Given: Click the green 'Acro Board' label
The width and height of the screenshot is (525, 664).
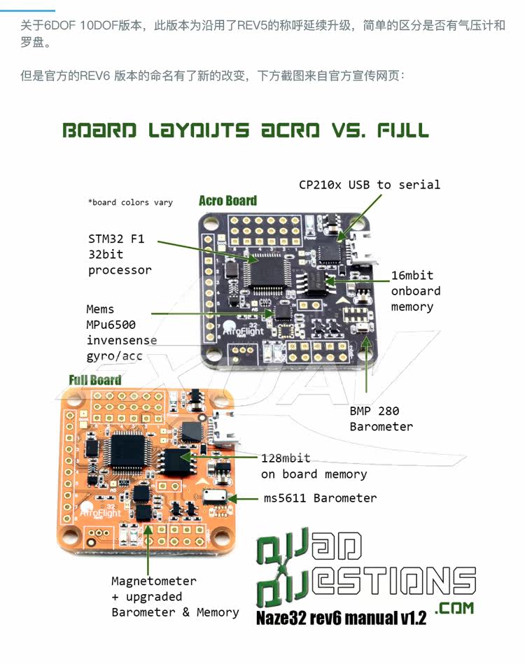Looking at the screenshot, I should point(227,201).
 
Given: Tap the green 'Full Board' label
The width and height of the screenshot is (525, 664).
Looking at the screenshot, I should point(95,380).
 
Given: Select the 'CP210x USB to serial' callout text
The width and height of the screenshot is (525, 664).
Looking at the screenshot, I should point(370,185).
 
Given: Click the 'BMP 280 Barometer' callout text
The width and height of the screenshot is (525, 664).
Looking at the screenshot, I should point(381,418).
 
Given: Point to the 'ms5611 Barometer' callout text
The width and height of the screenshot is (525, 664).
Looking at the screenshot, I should point(320,498).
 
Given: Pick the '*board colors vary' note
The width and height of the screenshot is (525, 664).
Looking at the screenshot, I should point(129,202).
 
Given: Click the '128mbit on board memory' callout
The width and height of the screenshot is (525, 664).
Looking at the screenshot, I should point(314,467).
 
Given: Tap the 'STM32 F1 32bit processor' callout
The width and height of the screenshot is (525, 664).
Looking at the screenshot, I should point(119,254).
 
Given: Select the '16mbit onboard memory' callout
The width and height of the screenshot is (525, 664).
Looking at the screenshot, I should point(416,291).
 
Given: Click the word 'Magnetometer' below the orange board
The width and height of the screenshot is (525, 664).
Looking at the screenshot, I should point(154,581).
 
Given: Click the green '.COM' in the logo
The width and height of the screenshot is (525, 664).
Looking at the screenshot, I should point(454,608).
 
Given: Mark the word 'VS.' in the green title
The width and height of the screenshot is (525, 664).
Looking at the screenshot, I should point(347,131).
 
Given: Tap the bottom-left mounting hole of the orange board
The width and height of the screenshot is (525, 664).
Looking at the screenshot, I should point(72,538).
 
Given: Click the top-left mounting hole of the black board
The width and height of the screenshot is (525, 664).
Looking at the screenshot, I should point(209,223).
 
